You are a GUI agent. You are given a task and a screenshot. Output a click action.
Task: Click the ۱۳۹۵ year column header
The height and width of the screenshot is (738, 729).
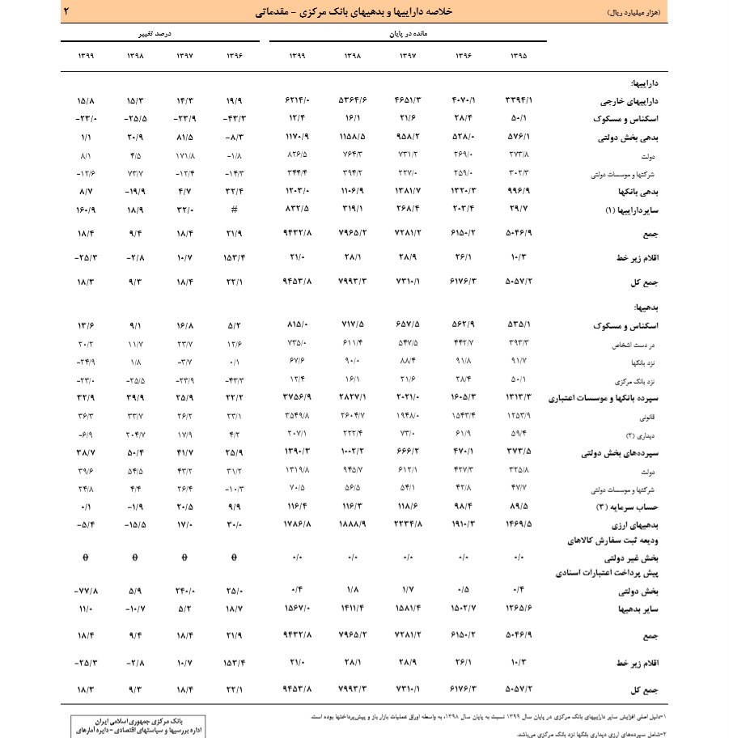pyautogui.click(x=519, y=56)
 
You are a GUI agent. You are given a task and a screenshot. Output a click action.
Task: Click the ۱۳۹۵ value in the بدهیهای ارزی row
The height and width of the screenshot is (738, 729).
pyautogui.click(x=519, y=524)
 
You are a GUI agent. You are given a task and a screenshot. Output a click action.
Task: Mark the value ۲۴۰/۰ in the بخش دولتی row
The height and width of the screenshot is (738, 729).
pyautogui.click(x=185, y=589)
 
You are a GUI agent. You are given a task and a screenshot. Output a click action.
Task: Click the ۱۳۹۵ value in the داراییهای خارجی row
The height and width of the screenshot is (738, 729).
pyautogui.click(x=519, y=103)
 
